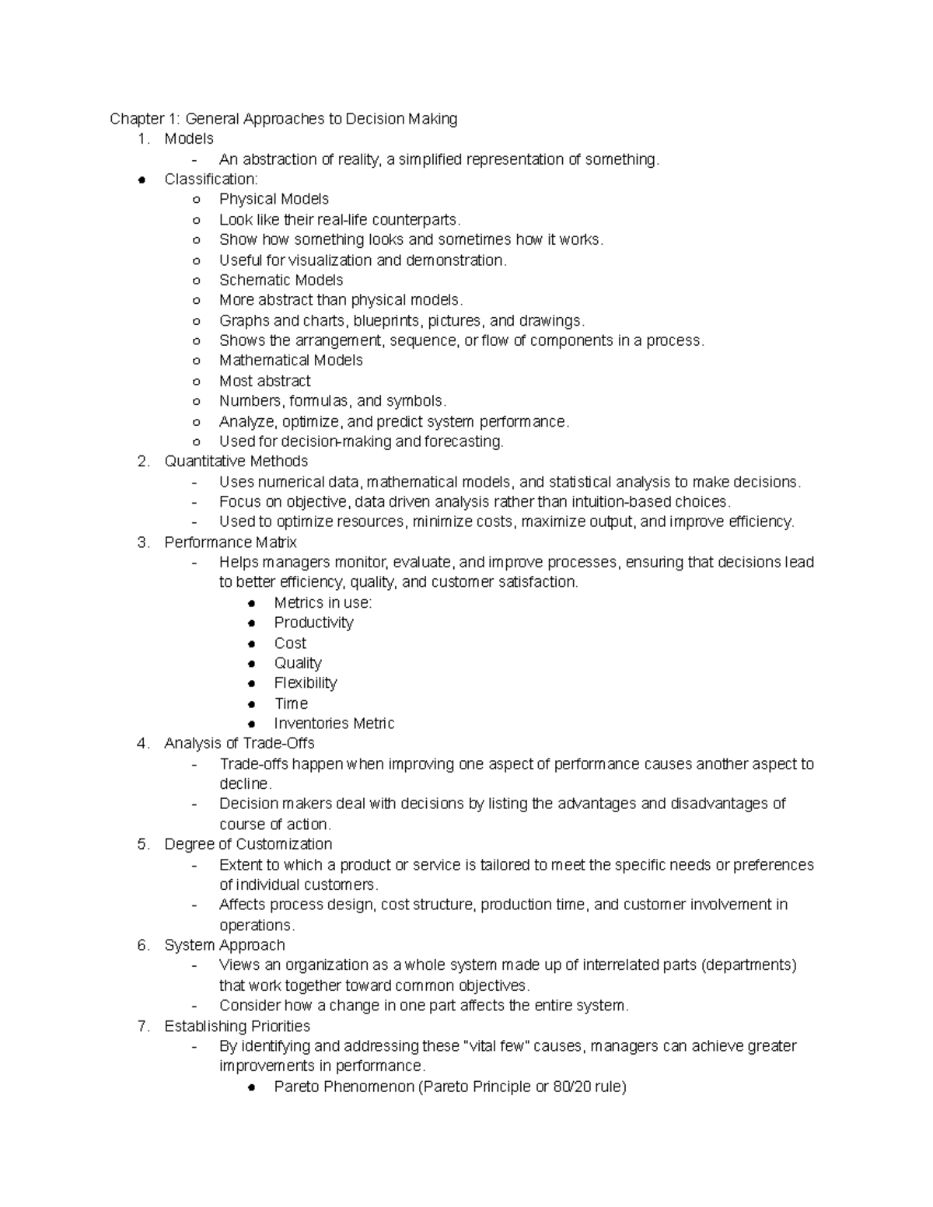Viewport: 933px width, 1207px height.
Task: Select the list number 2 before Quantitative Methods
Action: point(142,462)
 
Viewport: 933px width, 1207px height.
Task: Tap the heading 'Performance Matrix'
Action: point(230,542)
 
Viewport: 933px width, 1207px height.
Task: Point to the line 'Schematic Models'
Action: point(281,280)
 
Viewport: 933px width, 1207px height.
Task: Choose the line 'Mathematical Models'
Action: point(291,361)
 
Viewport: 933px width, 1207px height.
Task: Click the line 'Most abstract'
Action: point(264,381)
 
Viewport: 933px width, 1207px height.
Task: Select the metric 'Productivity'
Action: point(313,623)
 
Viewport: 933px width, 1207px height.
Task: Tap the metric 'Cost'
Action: point(290,643)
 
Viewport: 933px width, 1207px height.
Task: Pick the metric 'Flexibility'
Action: point(306,683)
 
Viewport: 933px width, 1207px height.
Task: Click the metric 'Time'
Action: point(291,703)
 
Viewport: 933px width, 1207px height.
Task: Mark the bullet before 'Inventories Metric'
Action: point(251,724)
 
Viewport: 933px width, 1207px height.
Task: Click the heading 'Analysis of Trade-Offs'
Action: point(239,744)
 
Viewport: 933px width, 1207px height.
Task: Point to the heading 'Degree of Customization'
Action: point(248,844)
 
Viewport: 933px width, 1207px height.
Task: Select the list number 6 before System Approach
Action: point(142,945)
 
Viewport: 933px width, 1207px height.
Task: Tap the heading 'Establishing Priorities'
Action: point(237,1026)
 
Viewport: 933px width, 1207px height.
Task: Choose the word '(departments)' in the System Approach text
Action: point(749,965)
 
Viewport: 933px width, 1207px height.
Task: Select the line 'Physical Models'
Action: point(274,199)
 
